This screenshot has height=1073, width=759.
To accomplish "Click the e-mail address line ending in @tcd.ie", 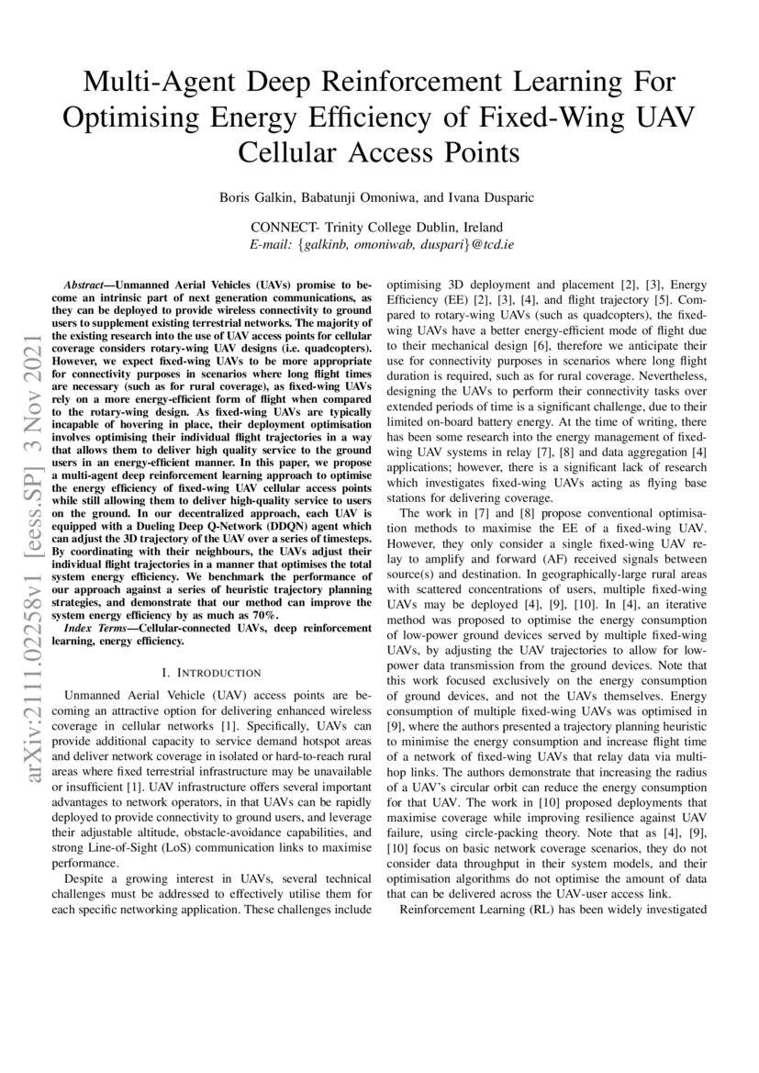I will pyautogui.click(x=380, y=245).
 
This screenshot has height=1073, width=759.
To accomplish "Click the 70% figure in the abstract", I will pyautogui.click(x=288, y=614).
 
